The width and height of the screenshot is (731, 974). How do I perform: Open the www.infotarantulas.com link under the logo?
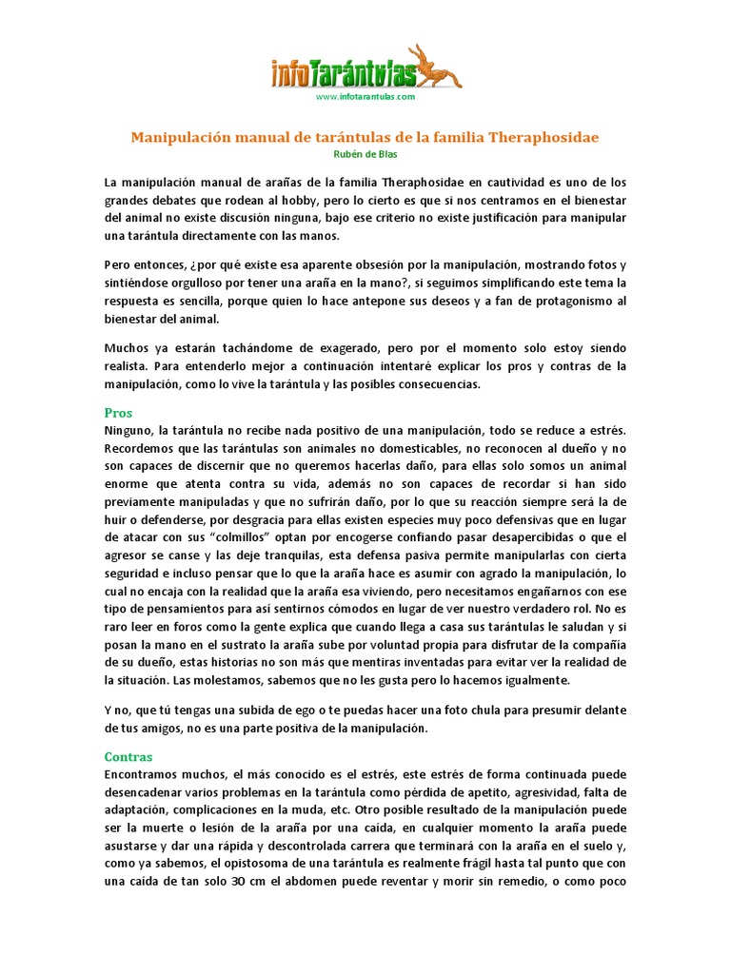pyautogui.click(x=365, y=97)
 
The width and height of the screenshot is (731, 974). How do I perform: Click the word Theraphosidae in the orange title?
pyautogui.click(x=543, y=137)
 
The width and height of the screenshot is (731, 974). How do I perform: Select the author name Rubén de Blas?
pyautogui.click(x=365, y=154)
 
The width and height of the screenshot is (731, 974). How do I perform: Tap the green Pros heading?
pyautogui.click(x=118, y=414)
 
